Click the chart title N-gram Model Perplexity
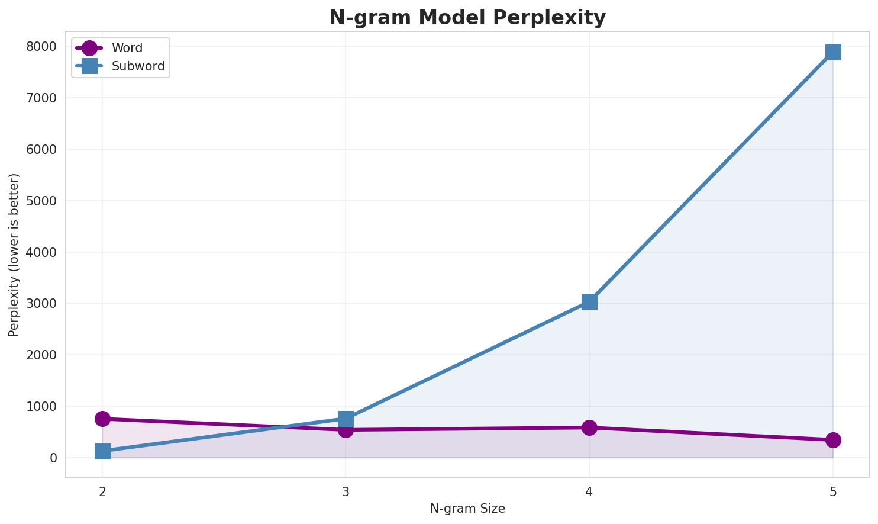point(467,18)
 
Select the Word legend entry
point(127,48)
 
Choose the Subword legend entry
point(137,66)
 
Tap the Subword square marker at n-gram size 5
point(833,52)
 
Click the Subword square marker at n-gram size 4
point(589,302)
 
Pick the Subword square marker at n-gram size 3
point(346,419)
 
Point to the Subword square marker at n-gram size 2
point(102,451)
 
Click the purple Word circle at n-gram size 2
point(102,419)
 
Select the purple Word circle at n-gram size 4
point(589,427)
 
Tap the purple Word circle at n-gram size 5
point(833,440)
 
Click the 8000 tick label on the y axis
point(44,47)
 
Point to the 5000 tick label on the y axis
point(44,201)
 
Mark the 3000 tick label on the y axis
point(44,304)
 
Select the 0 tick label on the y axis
point(54,458)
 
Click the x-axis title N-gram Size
point(467,509)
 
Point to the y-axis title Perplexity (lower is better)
point(14,255)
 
